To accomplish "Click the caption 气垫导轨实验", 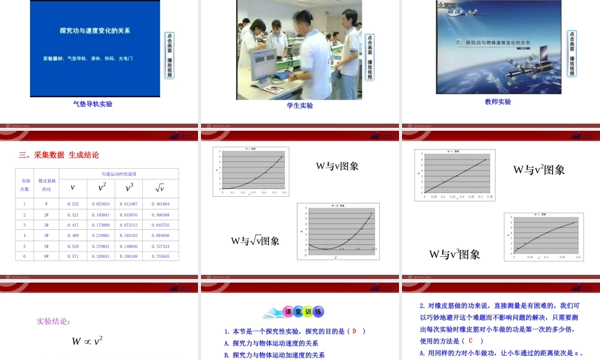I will (x=92, y=104).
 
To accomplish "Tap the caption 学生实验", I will (x=299, y=106).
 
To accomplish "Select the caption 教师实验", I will (x=498, y=102).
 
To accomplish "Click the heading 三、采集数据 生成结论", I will (x=59, y=155).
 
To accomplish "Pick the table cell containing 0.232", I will (x=73, y=204).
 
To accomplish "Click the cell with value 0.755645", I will (x=160, y=256).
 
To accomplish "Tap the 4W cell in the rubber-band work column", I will (x=46, y=235).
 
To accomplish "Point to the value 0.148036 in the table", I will (x=129, y=246).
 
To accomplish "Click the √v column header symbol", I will (x=160, y=188).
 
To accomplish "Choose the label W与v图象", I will (x=337, y=166).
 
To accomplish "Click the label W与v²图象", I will (x=539, y=170).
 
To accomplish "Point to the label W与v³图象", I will (x=454, y=254).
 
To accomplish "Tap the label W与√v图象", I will (x=255, y=241).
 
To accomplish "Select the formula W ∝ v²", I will (x=88, y=341).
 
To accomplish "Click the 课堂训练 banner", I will (x=300, y=312).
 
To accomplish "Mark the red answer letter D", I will (x=354, y=331).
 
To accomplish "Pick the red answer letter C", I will (x=471, y=341).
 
